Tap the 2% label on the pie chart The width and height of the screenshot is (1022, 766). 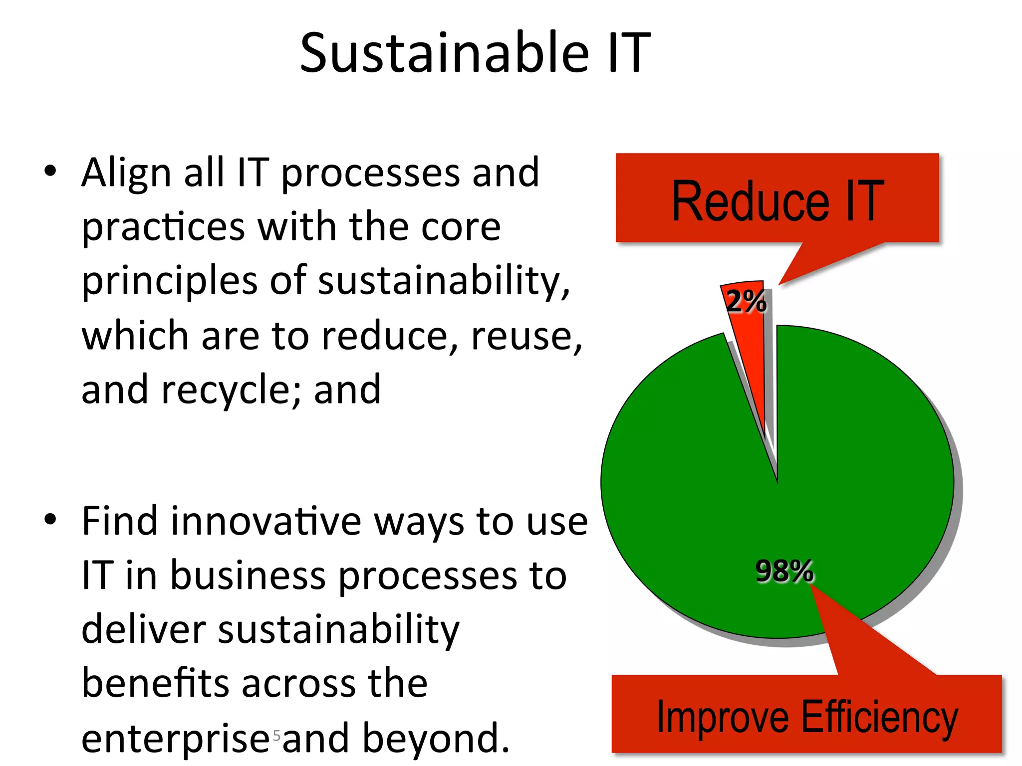tap(746, 301)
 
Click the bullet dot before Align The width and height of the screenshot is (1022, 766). tap(50, 171)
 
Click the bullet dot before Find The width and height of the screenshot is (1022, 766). tap(50, 520)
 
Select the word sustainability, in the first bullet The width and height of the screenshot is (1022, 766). tap(444, 281)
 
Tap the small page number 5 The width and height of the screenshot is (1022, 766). tap(276, 735)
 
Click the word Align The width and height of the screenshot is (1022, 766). tap(127, 173)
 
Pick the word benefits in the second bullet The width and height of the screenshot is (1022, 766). tap(155, 683)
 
